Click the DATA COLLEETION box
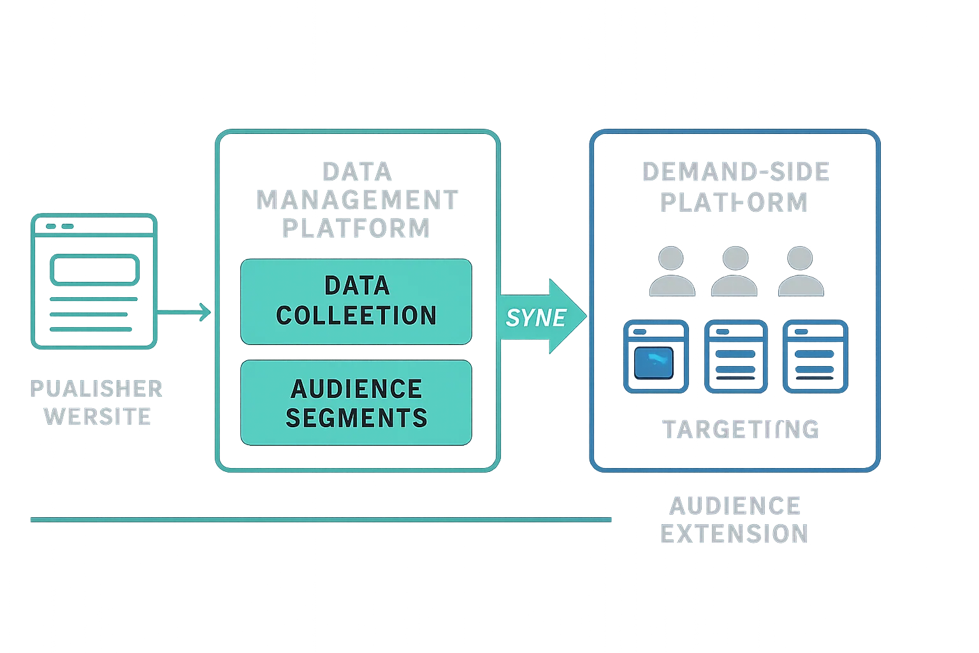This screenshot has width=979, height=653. pos(356,301)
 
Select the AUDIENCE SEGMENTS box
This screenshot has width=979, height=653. pos(356,402)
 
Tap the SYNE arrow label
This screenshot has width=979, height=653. pos(535,317)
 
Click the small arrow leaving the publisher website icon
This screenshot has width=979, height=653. pos(184,311)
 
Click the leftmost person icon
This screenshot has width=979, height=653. pos(671,272)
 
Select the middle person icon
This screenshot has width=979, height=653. pos(734,272)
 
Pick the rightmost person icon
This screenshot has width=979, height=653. pos(800,272)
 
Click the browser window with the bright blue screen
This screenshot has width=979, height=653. pos(656,356)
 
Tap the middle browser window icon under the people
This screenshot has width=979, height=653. pos(735,356)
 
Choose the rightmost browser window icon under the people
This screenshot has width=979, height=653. pos(815,356)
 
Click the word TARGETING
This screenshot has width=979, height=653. pos(741,429)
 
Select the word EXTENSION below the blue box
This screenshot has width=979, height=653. pos(734,534)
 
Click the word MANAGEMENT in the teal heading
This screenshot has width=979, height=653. pos(356,200)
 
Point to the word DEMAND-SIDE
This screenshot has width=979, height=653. pos(736,172)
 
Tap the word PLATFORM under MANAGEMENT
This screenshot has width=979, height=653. pos(356,228)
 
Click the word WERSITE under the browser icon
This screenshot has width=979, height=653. pos(98,416)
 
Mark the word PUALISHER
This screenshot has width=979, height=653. pos(96,388)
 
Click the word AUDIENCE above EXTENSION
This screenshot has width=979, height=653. pos(735,506)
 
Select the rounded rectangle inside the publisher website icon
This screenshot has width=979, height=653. pos(94,270)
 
